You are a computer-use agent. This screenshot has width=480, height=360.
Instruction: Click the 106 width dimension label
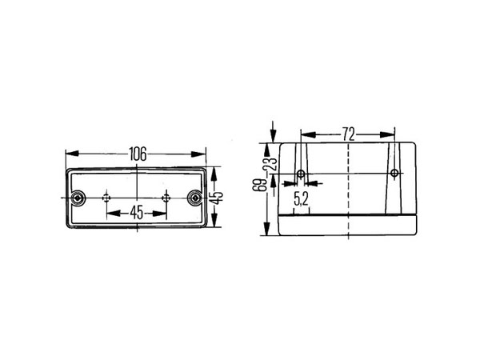coord(138,154)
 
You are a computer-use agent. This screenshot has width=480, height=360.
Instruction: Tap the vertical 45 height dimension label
coord(217,198)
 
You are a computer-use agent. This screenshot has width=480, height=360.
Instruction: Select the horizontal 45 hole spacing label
coord(137,213)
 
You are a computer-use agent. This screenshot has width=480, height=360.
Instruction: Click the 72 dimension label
coord(348,134)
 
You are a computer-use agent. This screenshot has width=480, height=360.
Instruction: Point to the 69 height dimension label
coord(259,185)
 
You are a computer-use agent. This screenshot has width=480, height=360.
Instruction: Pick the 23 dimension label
coord(270,165)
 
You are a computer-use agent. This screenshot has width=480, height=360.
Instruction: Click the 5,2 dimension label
coord(302,200)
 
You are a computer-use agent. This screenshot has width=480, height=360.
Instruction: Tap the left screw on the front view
coord(78,198)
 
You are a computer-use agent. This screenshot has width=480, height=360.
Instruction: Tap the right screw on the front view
coord(194,198)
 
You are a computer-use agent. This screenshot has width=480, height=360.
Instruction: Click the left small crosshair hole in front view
coord(106,198)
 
